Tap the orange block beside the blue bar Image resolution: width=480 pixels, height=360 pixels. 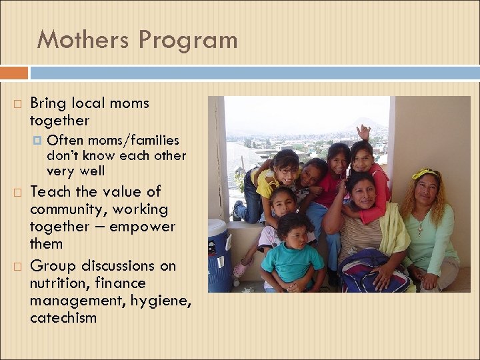[14, 73]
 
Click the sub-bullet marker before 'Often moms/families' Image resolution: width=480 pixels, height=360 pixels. [37, 141]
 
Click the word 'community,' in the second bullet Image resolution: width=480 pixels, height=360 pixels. [65, 209]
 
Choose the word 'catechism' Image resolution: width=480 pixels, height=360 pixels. [63, 318]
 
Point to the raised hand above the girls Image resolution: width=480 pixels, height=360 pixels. [363, 131]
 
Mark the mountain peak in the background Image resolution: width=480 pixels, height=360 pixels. [366, 123]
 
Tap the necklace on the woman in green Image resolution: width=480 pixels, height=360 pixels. [420, 227]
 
